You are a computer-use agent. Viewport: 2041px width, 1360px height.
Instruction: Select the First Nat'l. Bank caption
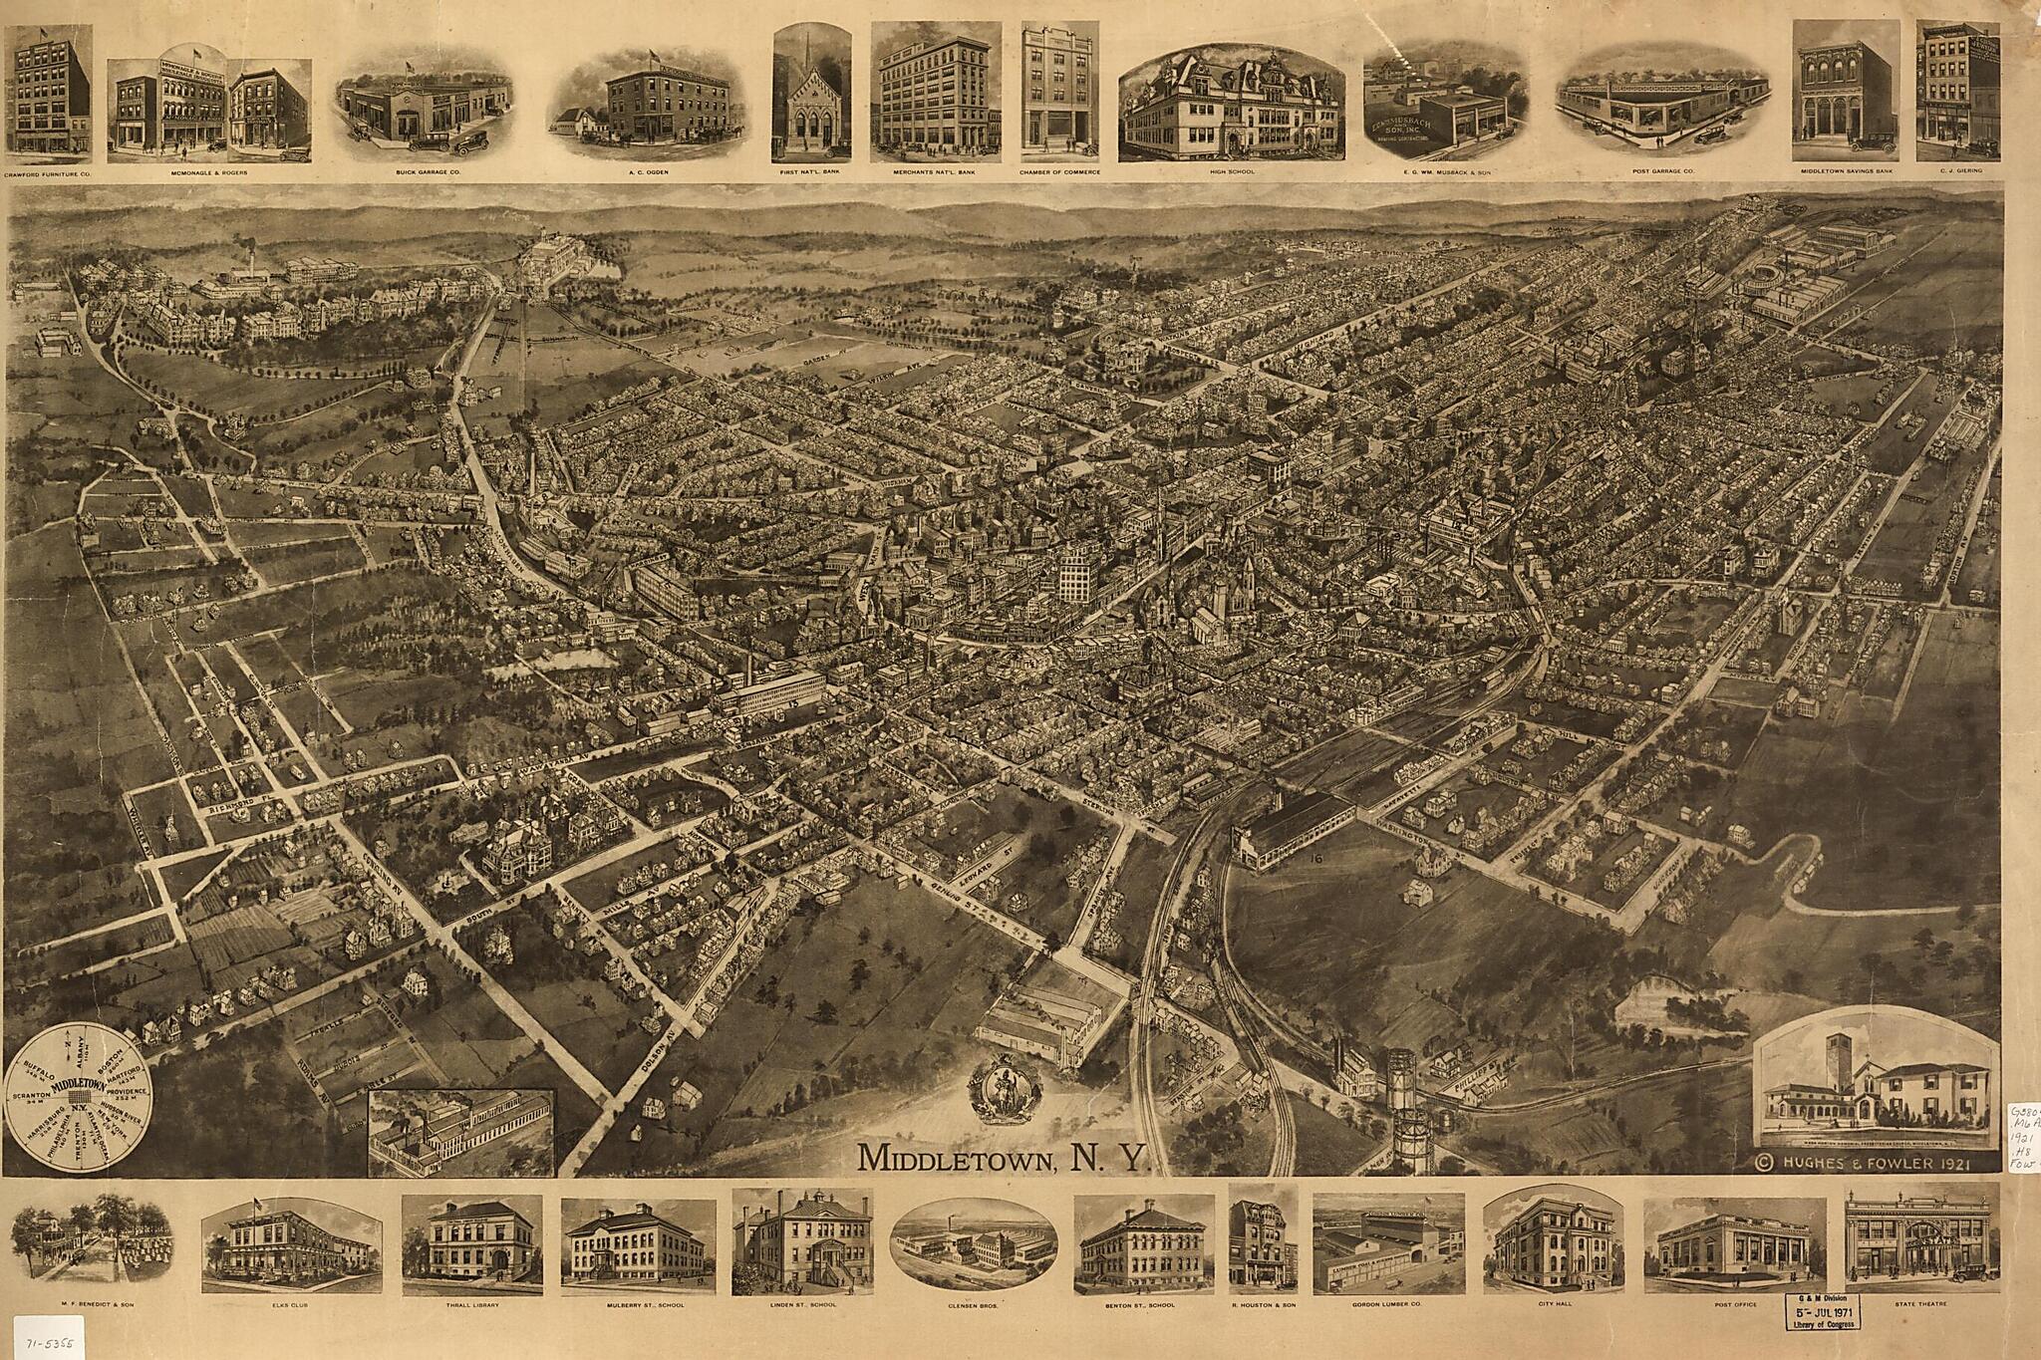click(811, 171)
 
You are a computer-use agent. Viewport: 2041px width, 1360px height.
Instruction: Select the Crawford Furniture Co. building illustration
click(48, 92)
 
